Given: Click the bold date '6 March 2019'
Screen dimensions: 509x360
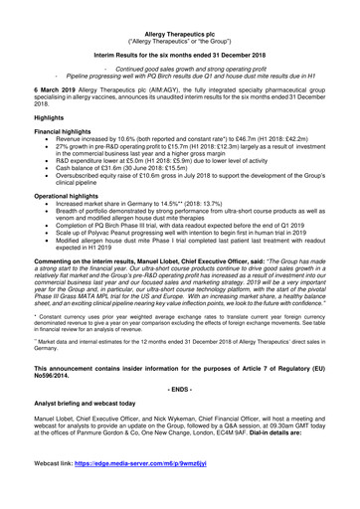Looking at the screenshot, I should point(36,91).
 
